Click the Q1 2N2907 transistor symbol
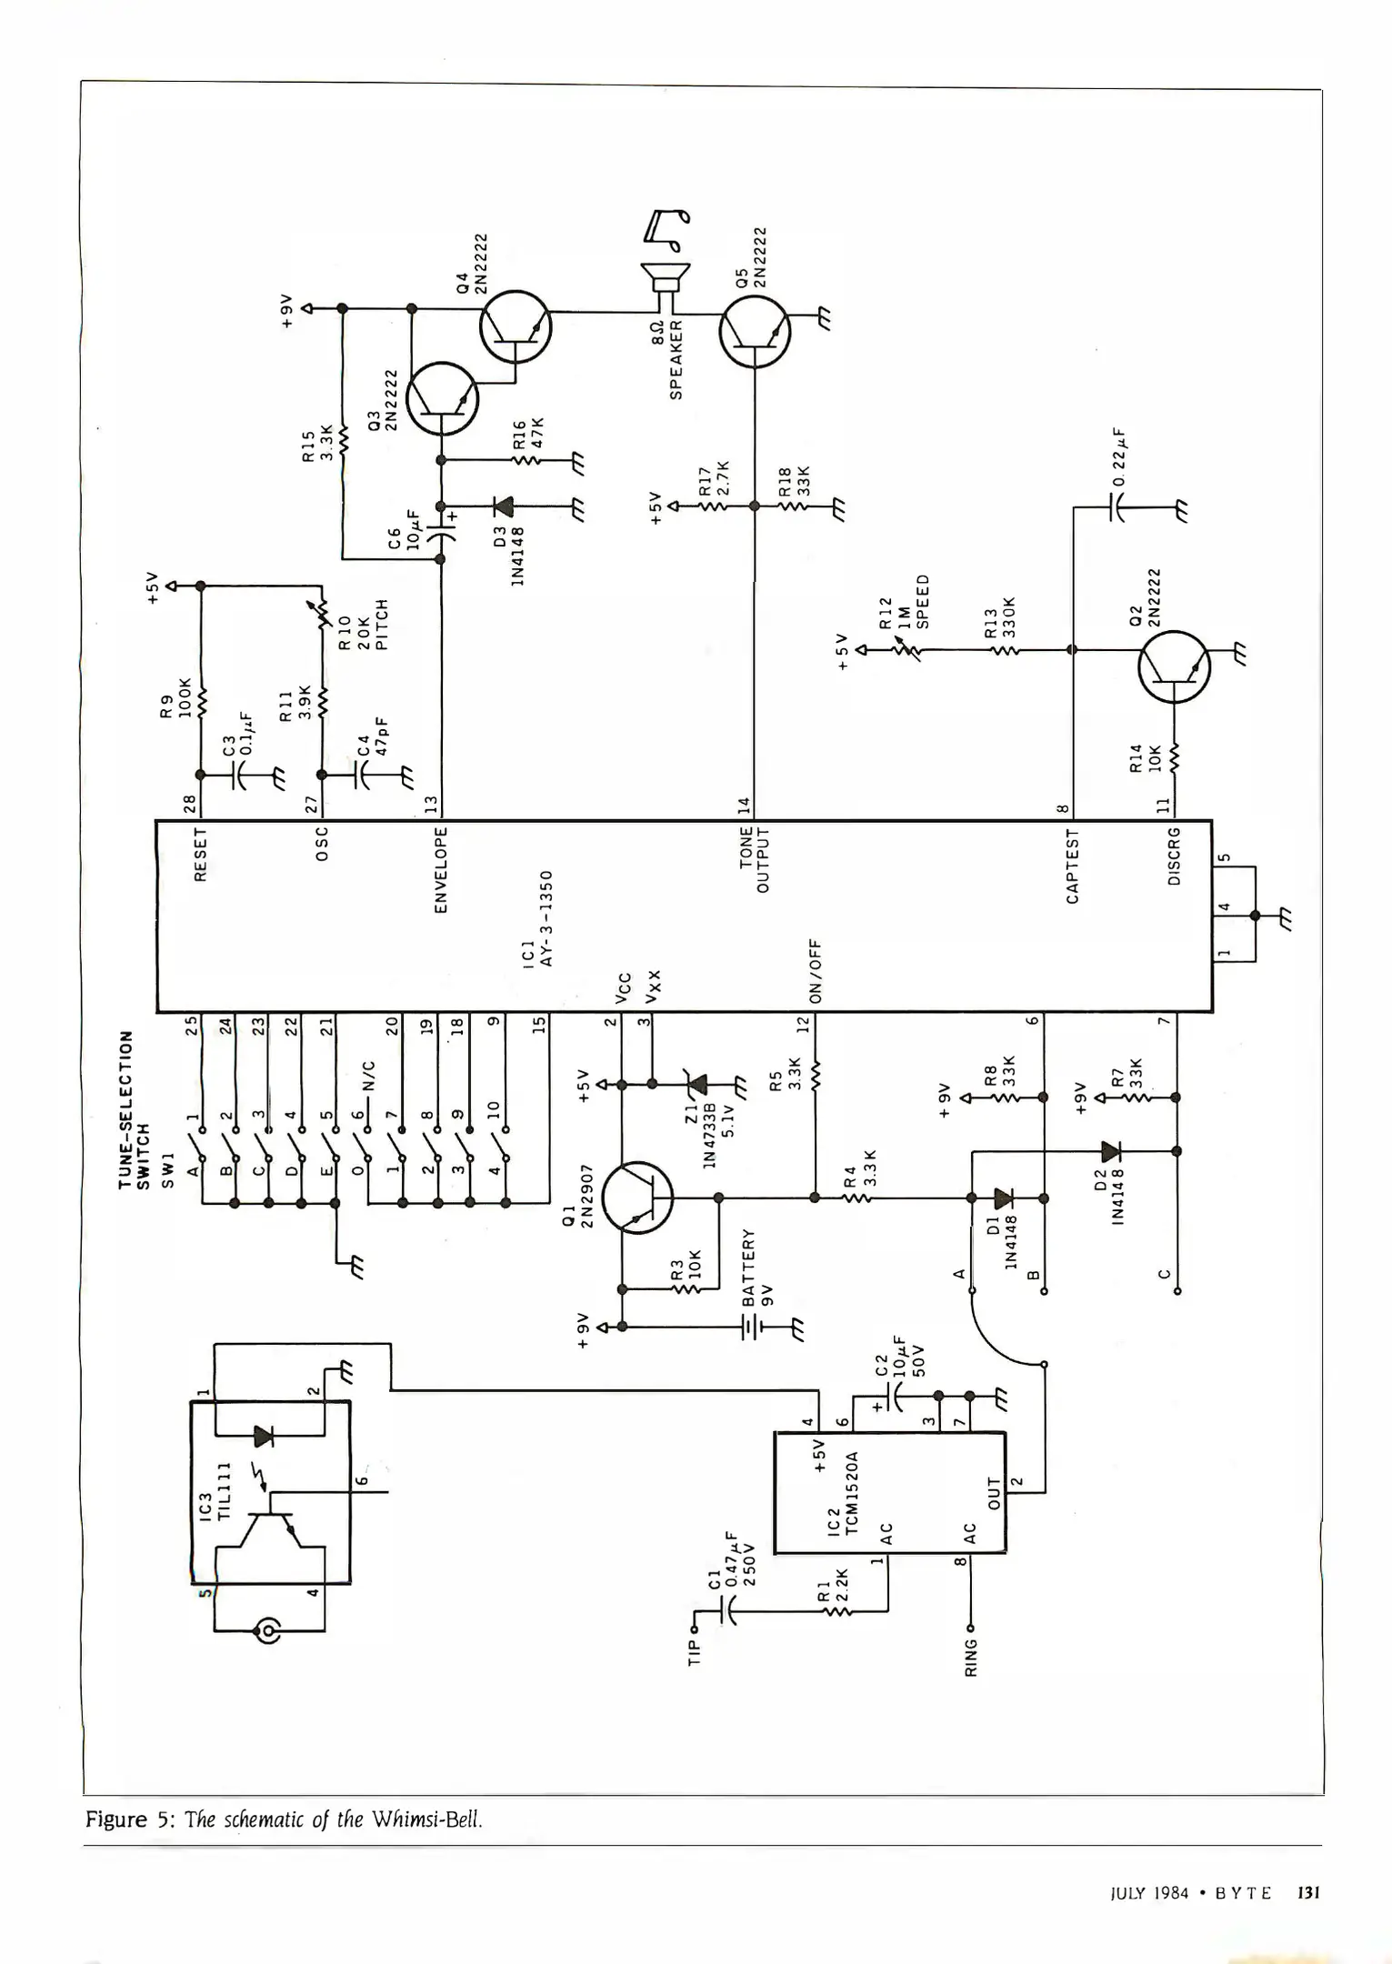coord(638,1197)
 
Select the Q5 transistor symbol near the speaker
coord(754,332)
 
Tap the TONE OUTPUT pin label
coord(755,859)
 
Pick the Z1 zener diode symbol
coord(697,1084)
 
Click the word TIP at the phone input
coord(696,1651)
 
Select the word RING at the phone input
coord(971,1658)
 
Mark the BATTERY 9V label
coord(757,1267)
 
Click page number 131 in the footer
coord(1307,1892)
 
